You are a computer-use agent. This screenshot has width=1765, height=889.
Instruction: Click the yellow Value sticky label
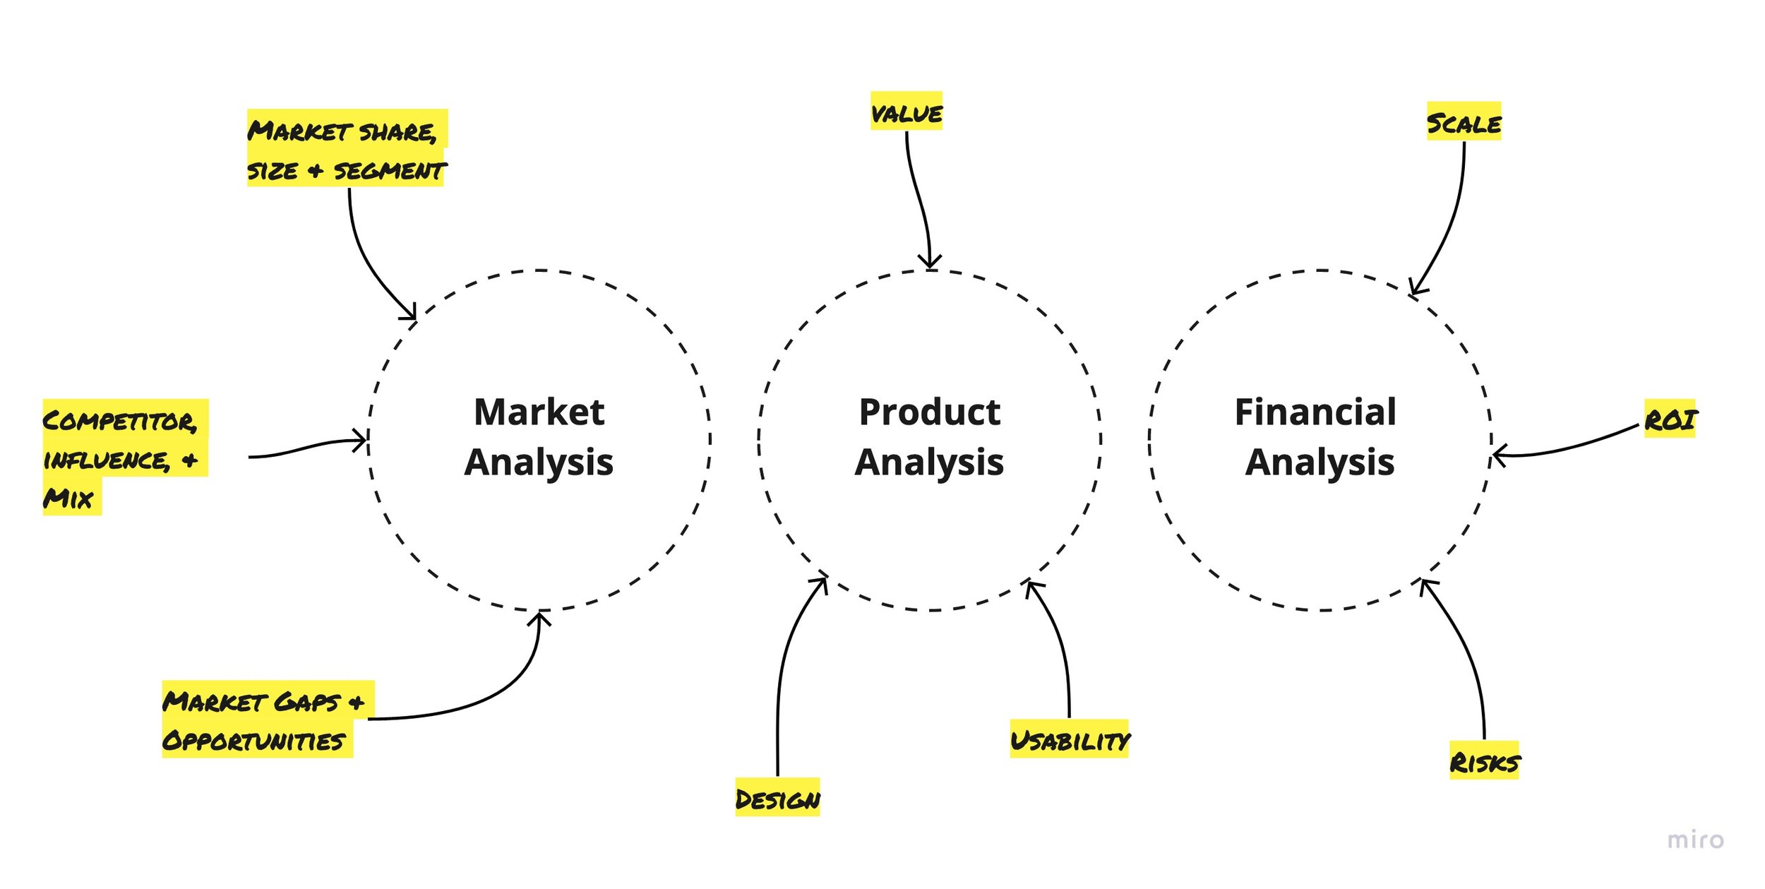906,112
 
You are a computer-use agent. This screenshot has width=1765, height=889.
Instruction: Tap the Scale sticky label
1464,123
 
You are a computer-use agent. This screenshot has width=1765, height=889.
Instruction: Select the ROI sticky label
1670,420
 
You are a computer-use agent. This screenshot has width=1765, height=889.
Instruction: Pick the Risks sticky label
1484,762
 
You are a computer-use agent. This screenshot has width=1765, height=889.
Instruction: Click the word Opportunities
254,741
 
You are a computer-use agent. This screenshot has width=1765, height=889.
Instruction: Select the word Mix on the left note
68,499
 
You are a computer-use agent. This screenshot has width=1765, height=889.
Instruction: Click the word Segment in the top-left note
389,170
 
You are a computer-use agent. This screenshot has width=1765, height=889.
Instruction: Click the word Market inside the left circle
539,412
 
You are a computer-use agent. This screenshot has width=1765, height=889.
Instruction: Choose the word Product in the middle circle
929,412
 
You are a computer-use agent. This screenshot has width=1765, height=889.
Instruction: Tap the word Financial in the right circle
1315,412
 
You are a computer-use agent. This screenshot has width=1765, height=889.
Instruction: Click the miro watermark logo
1694,840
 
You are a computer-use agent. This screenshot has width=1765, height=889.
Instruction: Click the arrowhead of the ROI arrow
1496,455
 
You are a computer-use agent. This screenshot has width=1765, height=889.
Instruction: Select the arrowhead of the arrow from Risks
1423,582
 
